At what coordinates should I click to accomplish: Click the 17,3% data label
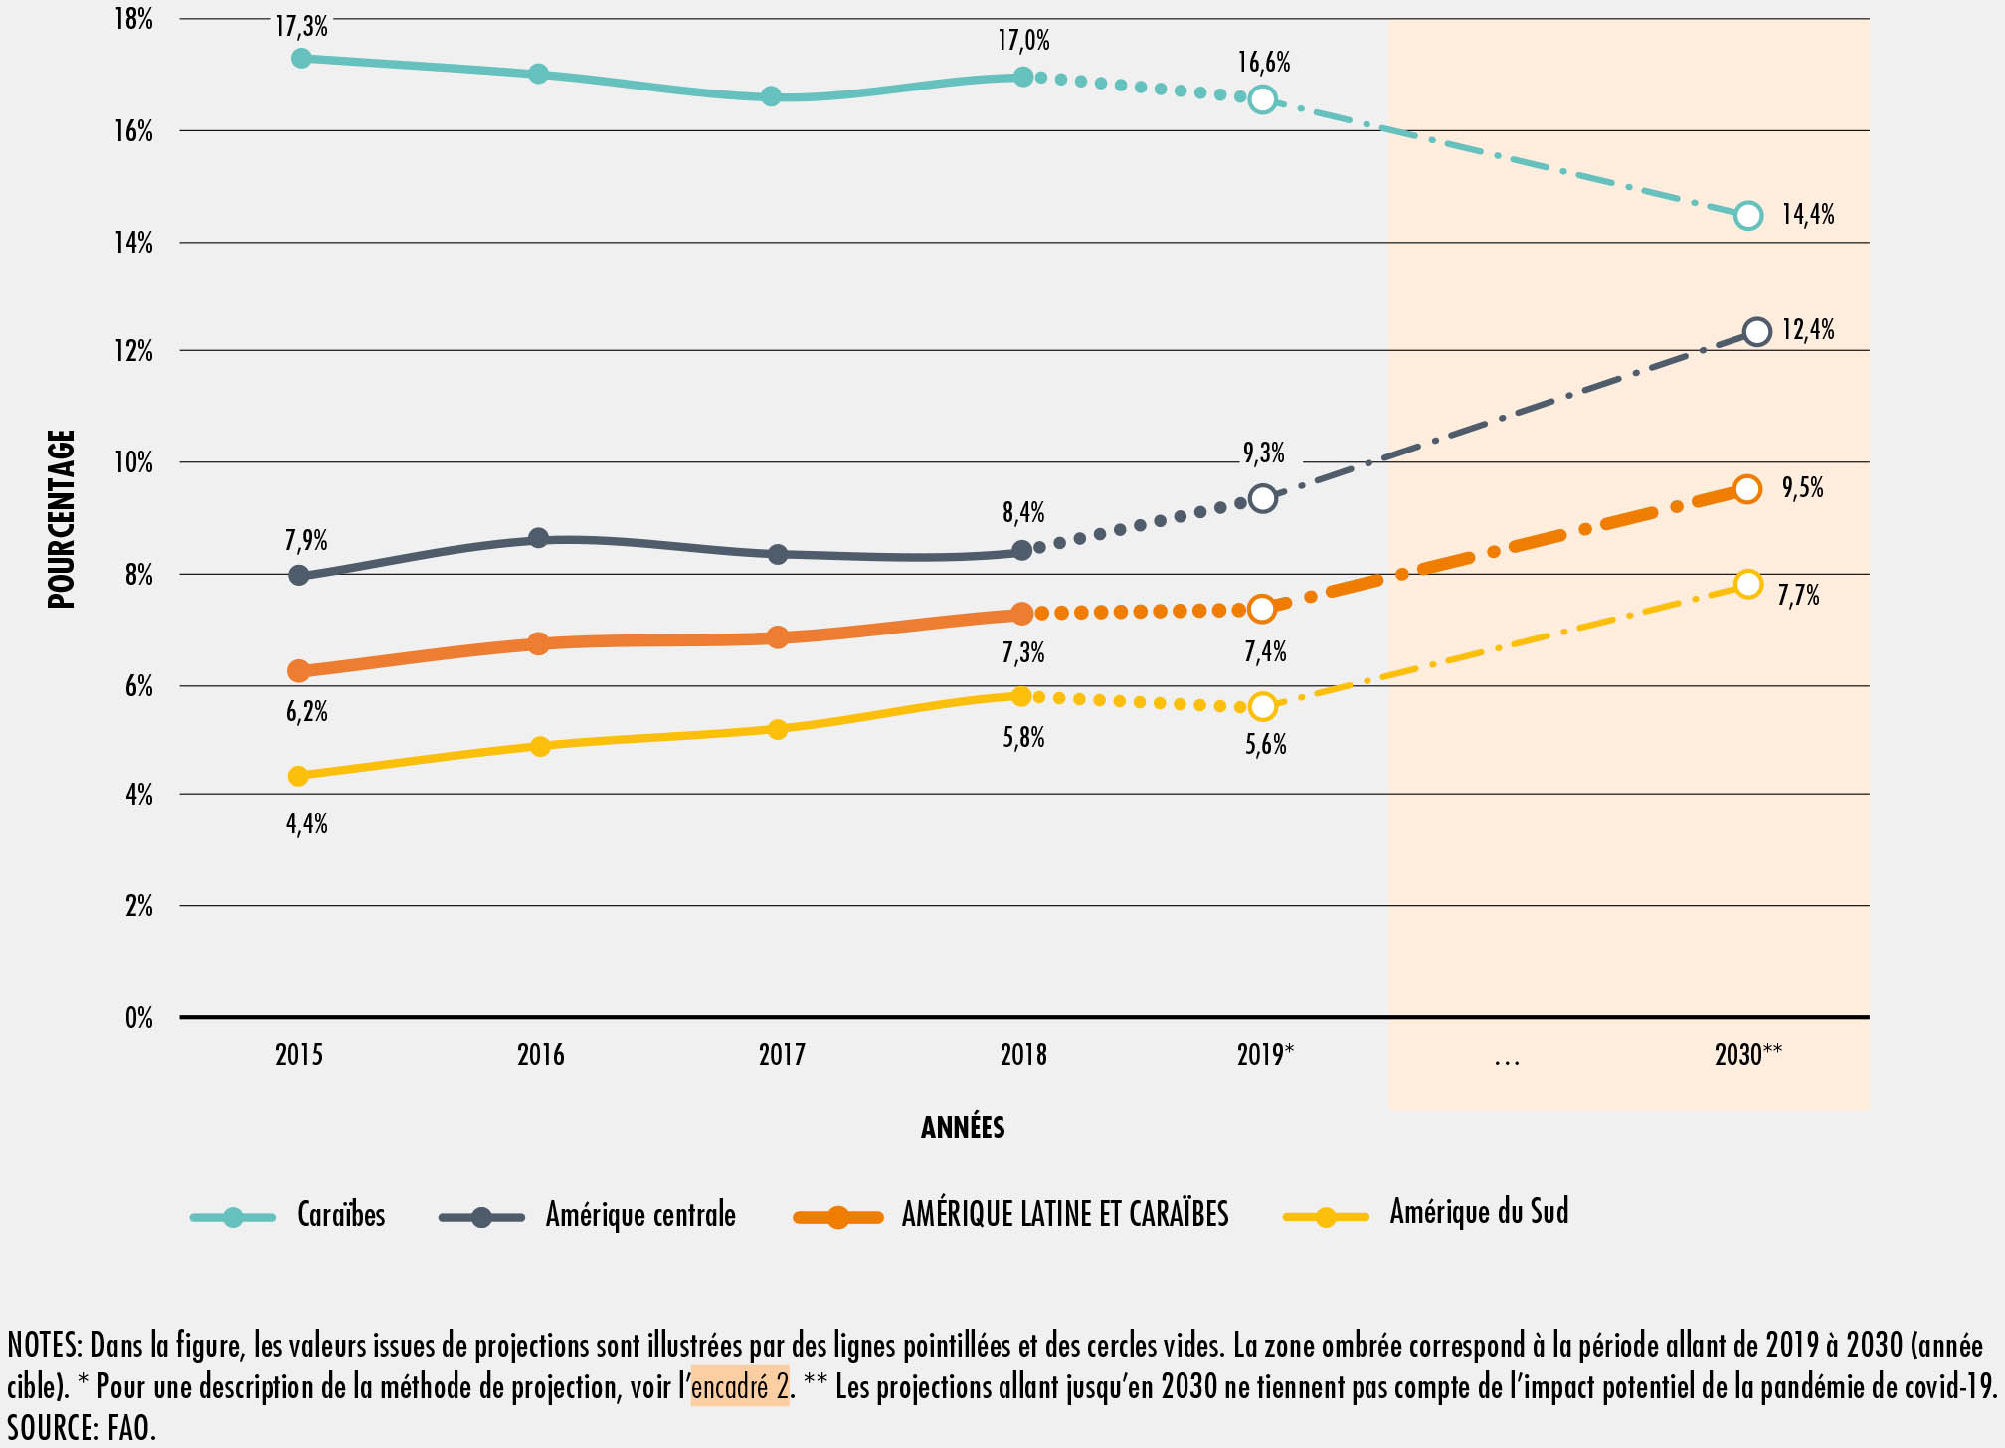[301, 26]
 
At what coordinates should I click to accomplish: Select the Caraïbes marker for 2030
[1747, 215]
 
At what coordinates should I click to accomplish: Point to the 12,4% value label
[1807, 329]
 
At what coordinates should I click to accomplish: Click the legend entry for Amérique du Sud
[1478, 1212]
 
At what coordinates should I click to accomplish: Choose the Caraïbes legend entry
[340, 1215]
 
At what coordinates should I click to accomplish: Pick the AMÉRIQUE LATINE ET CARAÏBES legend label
[1064, 1215]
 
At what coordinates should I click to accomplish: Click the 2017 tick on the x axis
[782, 1054]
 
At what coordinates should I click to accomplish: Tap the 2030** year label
[1747, 1054]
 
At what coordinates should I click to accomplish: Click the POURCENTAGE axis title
[62, 518]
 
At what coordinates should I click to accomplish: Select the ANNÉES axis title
[963, 1127]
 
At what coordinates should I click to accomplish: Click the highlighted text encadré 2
[740, 1386]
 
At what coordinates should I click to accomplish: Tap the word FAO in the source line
[131, 1428]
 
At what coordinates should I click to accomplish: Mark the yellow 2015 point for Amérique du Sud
[298, 776]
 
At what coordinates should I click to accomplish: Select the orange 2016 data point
[538, 643]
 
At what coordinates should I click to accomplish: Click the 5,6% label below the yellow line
[1265, 744]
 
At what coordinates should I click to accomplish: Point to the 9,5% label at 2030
[1802, 487]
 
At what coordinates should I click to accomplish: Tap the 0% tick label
[138, 1018]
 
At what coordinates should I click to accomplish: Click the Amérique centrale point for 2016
[538, 538]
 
